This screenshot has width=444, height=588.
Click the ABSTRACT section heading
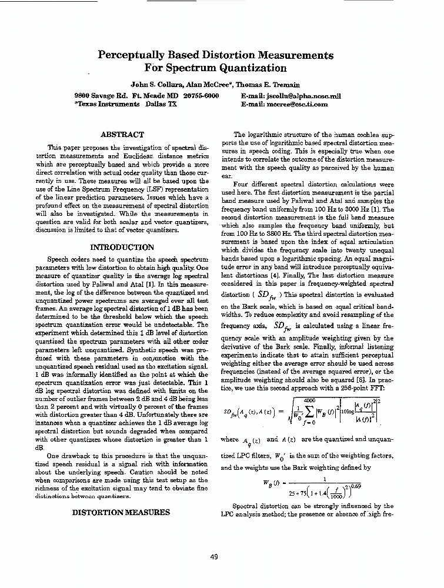pos(122,135)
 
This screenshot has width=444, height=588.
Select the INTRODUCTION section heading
pos(122,247)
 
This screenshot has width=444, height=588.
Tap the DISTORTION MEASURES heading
pos(121,512)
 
